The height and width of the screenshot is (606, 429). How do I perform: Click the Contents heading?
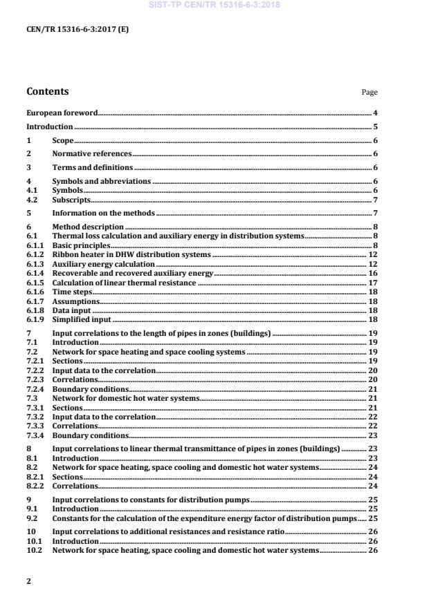coord(47,91)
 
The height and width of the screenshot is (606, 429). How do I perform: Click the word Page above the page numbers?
coord(369,93)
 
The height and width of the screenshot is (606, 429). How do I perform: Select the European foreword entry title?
coord(62,112)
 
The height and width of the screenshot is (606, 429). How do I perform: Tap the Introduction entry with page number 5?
coord(49,126)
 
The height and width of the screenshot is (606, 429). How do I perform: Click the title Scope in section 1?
coord(63,140)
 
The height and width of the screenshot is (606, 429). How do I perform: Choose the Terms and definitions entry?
coord(93,167)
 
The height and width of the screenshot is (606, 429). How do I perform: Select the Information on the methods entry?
coord(104,213)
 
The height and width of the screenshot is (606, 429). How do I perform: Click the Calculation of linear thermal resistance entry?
coord(125,282)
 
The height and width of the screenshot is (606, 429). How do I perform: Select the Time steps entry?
coord(72,292)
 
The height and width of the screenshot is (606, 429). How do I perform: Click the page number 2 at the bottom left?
coord(28,581)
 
